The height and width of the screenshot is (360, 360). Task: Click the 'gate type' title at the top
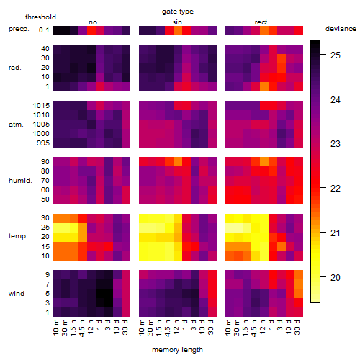[x=178, y=12]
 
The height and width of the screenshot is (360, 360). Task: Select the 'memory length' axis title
[x=177, y=350]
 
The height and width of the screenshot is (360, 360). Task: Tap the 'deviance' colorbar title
[x=341, y=29]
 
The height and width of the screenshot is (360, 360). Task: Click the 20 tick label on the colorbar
[x=336, y=278]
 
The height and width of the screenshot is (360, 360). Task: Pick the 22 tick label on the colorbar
[x=336, y=189]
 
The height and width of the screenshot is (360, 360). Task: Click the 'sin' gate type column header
[x=177, y=22]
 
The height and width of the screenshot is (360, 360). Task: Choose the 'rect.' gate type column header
[x=262, y=22]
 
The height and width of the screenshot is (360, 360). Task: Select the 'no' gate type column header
[x=93, y=22]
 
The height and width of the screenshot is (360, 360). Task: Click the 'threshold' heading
[x=40, y=17]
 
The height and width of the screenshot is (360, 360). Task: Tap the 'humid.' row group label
[x=20, y=181]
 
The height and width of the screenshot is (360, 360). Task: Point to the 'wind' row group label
[x=17, y=294]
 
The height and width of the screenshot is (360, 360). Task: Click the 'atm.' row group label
[x=16, y=125]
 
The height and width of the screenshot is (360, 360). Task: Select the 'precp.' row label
[x=19, y=29]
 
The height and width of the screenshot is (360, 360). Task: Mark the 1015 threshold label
[x=41, y=106]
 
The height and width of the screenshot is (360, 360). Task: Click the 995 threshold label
[x=43, y=143]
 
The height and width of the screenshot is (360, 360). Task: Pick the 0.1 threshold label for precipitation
[x=44, y=30]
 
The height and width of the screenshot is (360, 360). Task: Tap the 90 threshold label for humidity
[x=45, y=162]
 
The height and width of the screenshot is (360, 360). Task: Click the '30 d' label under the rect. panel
[x=297, y=328]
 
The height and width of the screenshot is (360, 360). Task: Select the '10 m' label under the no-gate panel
[x=56, y=328]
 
